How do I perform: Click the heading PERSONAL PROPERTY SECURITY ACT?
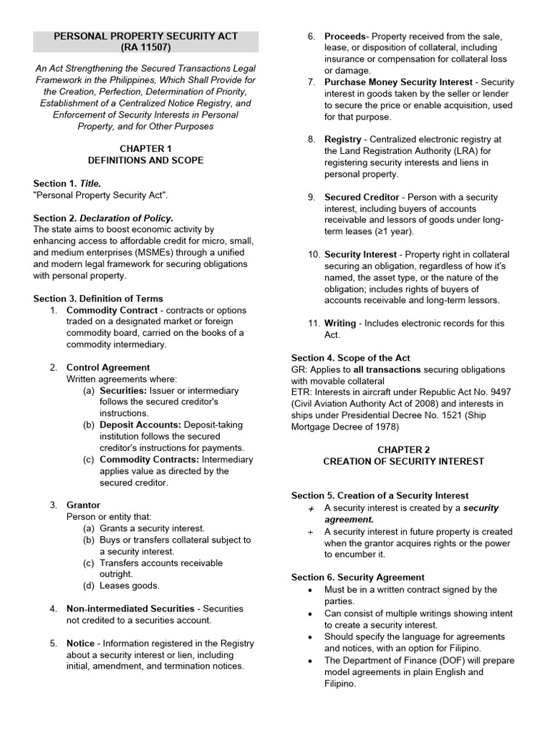(146, 36)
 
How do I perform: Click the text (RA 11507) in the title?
(146, 47)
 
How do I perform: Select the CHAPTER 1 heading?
(145, 149)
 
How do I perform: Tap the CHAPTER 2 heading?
(403, 450)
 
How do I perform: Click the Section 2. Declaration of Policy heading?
(103, 218)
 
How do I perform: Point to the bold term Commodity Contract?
(112, 310)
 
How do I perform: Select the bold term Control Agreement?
(108, 367)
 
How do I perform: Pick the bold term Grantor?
(83, 505)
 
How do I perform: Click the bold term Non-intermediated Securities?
(130, 608)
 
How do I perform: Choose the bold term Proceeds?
(345, 37)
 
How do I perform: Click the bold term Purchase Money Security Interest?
(398, 82)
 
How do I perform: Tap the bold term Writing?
(340, 324)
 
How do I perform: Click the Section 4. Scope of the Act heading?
(350, 358)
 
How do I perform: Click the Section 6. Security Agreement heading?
(357, 577)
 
